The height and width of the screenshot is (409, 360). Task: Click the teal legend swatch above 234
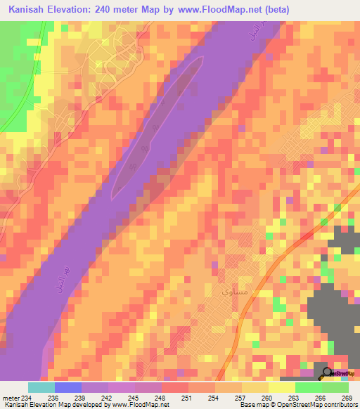pyautogui.click(x=41, y=387)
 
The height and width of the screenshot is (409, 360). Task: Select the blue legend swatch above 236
pyautogui.click(x=67, y=387)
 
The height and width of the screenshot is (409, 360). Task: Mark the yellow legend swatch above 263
pyautogui.click(x=281, y=387)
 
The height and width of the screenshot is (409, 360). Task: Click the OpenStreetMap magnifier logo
pyautogui.click(x=327, y=373)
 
